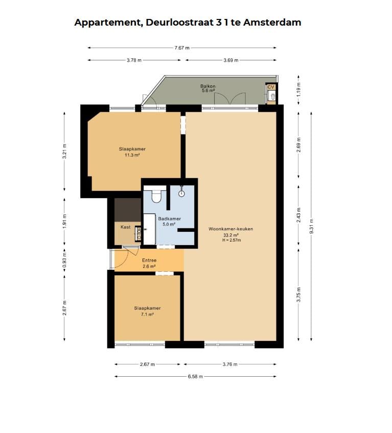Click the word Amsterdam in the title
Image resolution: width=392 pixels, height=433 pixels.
tap(272, 22)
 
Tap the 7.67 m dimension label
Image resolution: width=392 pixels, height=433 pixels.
tap(182, 48)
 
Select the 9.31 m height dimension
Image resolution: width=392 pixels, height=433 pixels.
tap(312, 226)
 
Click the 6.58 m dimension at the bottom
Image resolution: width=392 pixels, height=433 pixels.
tap(195, 376)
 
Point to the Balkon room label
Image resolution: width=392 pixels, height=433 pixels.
tap(208, 86)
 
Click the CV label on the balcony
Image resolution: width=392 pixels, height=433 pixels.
tap(271, 87)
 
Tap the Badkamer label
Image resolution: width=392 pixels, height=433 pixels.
tap(170, 219)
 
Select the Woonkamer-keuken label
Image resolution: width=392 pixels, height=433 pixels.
tap(230, 229)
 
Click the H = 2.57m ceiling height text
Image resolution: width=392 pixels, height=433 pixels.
tap(232, 240)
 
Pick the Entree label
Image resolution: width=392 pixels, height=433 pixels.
tap(149, 260)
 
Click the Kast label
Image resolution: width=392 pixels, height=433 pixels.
tap(125, 227)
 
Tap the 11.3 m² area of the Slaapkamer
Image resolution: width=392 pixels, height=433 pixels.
tap(132, 155)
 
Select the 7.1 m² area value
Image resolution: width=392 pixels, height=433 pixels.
tap(147, 314)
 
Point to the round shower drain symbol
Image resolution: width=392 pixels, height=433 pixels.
tap(181, 193)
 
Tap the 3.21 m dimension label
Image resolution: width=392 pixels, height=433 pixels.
tap(64, 151)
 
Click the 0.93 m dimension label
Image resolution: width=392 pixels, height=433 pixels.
tap(64, 260)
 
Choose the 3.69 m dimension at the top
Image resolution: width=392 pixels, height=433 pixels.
tap(231, 60)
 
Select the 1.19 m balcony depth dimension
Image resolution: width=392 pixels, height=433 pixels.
tap(299, 90)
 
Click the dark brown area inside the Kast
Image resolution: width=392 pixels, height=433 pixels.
tap(128, 210)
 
